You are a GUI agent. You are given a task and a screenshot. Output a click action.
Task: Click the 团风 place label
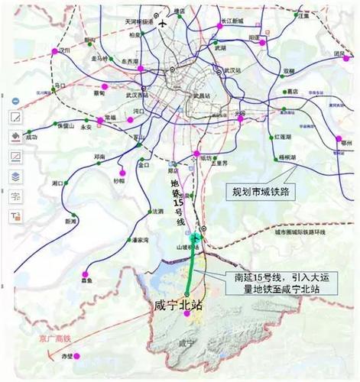338,53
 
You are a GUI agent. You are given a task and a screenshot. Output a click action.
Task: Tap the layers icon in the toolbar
15,176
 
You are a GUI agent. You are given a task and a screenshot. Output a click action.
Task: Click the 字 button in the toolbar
15,196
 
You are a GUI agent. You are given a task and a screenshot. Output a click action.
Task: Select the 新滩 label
71,221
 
